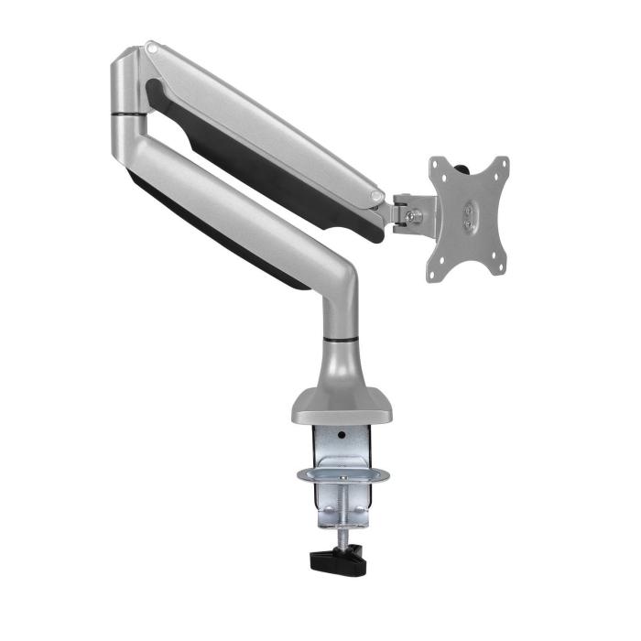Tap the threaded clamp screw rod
[x=341, y=513]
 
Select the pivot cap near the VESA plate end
[x=377, y=195]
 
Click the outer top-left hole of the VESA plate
[x=438, y=165]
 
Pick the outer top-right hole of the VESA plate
[x=501, y=165]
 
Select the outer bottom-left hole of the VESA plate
[x=435, y=269]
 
